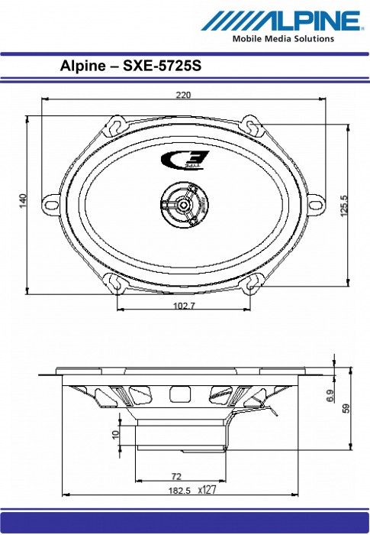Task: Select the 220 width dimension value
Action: pyautogui.click(x=183, y=96)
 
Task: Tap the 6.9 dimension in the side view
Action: pyautogui.click(x=330, y=395)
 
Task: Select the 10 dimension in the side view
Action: pyautogui.click(x=116, y=435)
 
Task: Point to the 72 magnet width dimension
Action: pyautogui.click(x=177, y=475)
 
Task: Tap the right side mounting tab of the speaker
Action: pyautogui.click(x=316, y=205)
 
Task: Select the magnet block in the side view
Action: pyautogui.click(x=182, y=435)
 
